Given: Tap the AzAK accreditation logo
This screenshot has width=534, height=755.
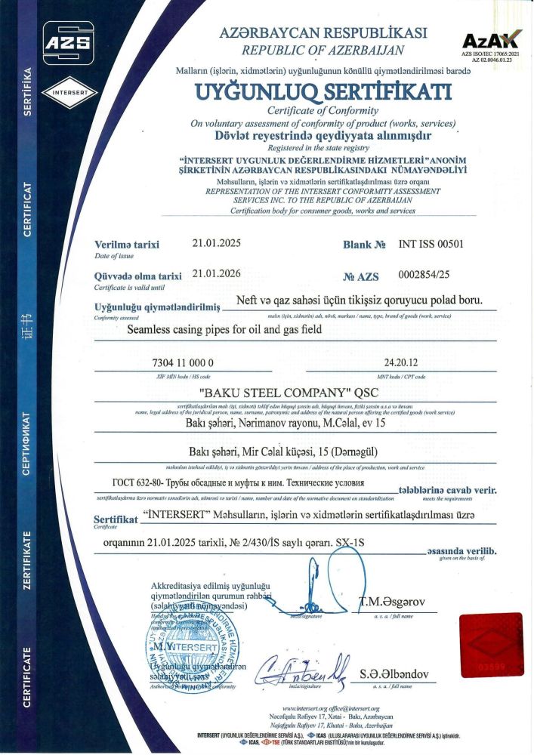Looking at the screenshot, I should click(x=491, y=41).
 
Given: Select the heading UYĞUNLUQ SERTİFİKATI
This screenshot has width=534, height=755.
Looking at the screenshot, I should click(x=323, y=92).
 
